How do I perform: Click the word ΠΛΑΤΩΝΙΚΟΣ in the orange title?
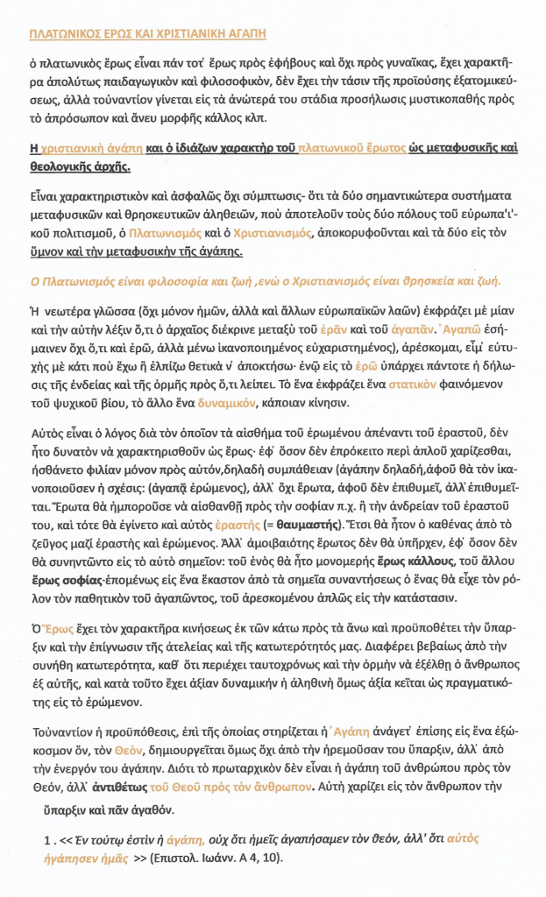64,34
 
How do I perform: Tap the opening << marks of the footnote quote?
65,838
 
